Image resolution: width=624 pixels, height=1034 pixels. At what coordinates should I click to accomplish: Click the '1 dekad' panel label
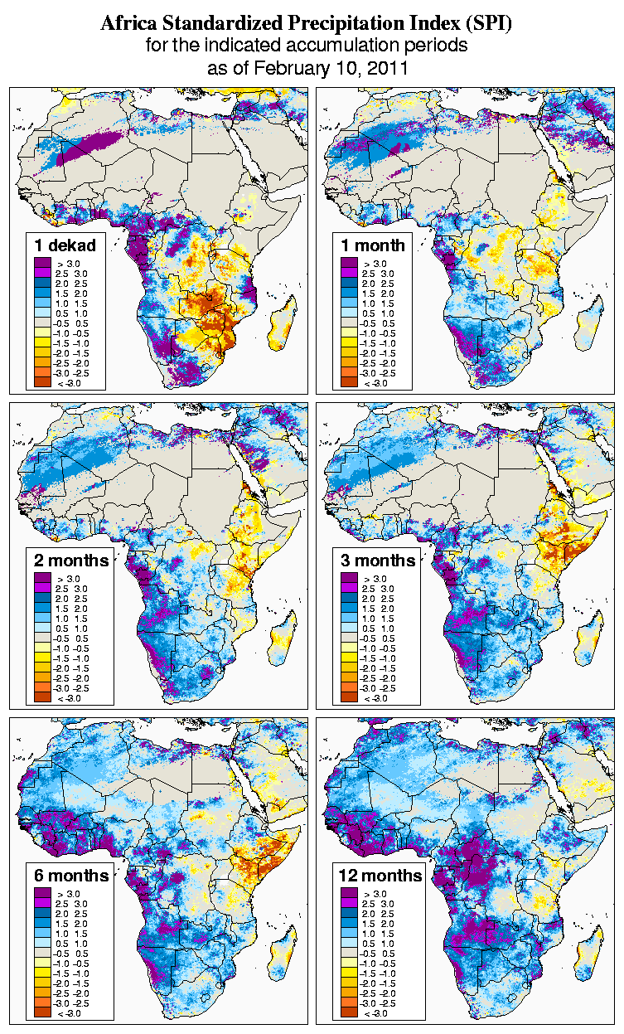[x=65, y=245]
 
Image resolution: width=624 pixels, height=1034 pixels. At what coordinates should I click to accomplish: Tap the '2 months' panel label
[x=71, y=560]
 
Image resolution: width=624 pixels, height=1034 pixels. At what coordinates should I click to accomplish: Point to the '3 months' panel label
[x=378, y=560]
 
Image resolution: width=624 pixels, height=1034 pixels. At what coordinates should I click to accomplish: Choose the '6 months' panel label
[x=71, y=875]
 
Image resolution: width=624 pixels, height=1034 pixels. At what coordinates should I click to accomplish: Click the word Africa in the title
[x=131, y=24]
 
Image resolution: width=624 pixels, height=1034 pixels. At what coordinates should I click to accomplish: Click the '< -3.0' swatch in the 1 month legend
[x=348, y=382]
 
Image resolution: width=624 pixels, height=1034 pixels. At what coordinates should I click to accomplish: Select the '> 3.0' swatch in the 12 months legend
[x=348, y=893]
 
